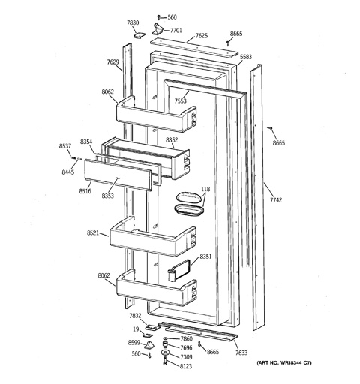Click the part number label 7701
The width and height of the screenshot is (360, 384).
point(176,31)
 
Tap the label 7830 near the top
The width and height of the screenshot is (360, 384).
point(133,22)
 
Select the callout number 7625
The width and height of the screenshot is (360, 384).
point(202,36)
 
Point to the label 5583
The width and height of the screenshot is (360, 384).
point(246,57)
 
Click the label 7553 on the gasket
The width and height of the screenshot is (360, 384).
point(181,100)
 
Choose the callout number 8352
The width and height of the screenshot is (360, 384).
point(172,140)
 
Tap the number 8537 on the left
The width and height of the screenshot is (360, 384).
point(65,146)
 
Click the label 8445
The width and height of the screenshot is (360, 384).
point(68,172)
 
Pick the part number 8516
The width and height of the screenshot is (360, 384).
point(85,191)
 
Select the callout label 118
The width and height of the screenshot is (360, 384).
point(205,189)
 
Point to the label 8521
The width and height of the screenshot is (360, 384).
point(93,233)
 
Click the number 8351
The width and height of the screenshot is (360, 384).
point(205,256)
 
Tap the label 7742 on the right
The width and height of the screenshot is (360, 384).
point(276,200)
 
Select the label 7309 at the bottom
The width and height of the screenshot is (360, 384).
point(186,357)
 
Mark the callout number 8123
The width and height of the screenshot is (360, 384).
point(186,366)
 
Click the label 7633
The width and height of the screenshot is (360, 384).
point(241,352)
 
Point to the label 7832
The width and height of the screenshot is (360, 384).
point(135,316)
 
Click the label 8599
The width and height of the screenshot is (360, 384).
point(134,343)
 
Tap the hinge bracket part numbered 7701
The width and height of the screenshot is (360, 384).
point(157,29)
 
